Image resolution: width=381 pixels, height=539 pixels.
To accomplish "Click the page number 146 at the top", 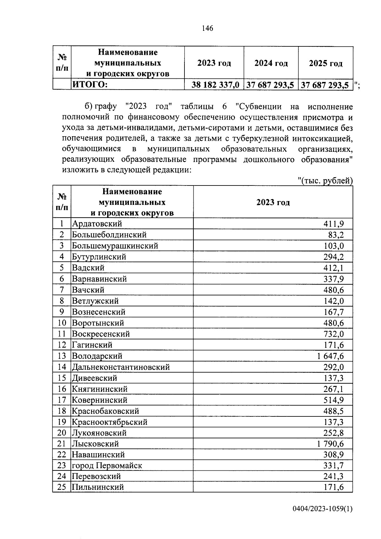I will click(207, 28).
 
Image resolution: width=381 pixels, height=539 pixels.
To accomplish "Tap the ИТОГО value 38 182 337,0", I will click(215, 85).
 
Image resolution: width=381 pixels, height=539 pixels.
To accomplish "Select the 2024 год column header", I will click(271, 63).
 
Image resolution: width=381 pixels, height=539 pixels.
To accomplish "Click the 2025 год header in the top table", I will click(326, 64).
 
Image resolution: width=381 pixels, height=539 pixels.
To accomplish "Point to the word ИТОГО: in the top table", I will click(90, 85).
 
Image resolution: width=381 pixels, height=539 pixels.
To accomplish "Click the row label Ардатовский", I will click(97, 224).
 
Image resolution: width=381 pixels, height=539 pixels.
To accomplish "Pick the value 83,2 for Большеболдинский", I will click(336, 235).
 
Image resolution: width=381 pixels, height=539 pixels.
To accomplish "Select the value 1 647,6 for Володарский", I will click(330, 356).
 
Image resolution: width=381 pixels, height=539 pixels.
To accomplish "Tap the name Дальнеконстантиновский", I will click(121, 367).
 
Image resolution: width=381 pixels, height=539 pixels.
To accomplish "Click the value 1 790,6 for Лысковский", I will click(330, 444).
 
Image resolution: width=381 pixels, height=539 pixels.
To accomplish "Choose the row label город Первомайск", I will click(107, 466).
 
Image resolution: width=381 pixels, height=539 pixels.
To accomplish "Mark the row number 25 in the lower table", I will click(62, 487).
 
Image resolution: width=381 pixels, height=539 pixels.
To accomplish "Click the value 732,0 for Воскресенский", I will click(333, 334).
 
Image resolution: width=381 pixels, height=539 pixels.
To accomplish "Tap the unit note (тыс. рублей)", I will click(326, 181).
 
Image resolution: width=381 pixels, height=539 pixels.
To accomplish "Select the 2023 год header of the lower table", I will click(273, 202).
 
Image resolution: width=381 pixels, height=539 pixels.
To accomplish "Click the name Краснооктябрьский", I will click(110, 422).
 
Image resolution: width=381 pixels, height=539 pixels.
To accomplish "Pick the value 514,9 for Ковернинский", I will click(333, 400).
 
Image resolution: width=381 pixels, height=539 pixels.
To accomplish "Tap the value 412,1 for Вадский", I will click(333, 268).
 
